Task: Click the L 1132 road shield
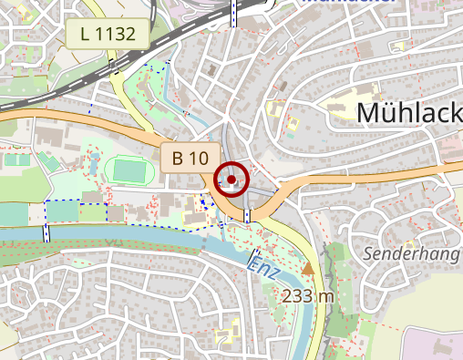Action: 108,36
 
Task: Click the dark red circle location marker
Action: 232,180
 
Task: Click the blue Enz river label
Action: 264,264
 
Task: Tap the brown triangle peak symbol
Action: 308,269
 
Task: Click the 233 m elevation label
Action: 308,296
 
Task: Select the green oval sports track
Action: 129,170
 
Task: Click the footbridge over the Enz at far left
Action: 46,231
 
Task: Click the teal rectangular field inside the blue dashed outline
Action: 63,211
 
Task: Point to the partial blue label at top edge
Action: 345,3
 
